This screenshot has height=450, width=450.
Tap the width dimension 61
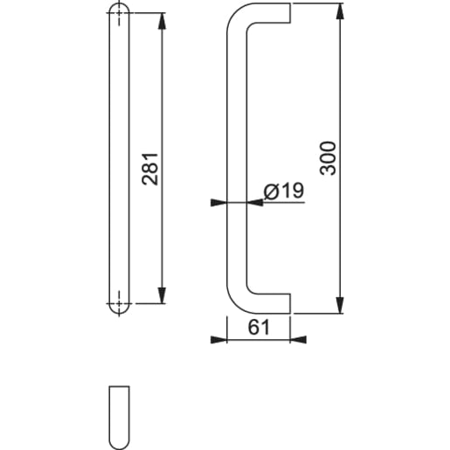258,327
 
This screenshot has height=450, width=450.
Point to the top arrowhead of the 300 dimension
340,10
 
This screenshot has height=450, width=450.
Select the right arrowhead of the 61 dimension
286,339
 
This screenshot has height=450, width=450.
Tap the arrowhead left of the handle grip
220,203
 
